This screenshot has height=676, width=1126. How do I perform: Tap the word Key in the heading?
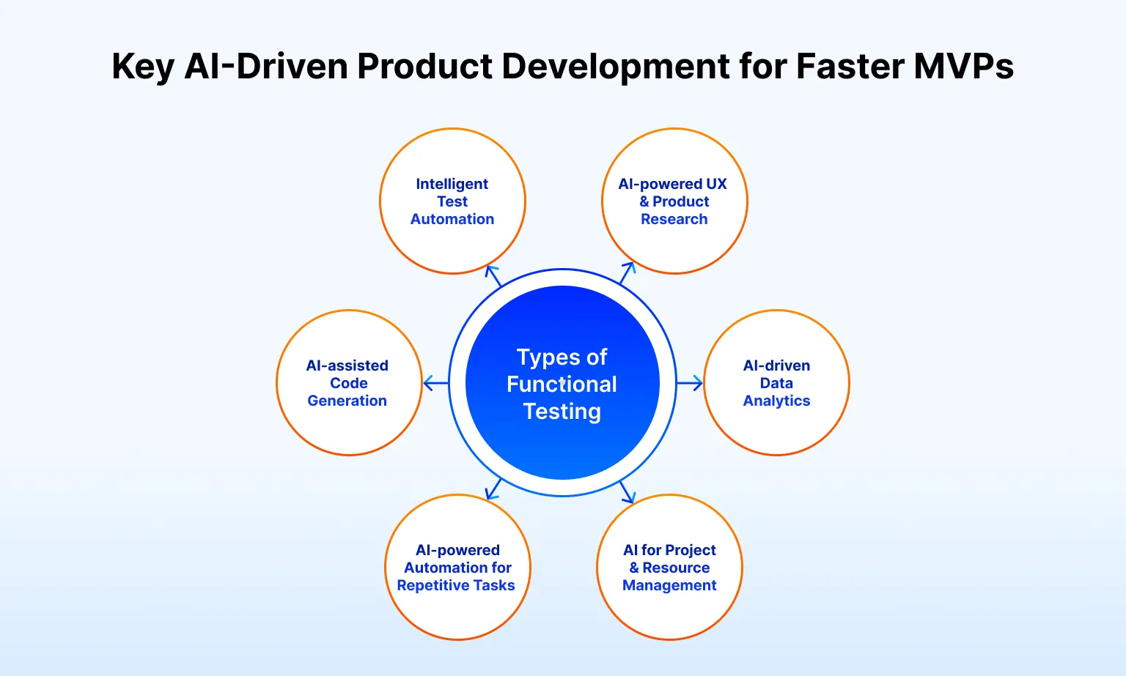142,66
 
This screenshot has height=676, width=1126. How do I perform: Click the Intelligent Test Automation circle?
452,201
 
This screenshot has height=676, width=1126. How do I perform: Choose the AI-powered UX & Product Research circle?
674,201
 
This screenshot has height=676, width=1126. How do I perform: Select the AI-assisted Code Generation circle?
349,382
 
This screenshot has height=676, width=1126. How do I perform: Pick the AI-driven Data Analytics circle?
776,382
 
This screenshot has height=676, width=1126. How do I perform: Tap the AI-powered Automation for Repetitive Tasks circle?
457,567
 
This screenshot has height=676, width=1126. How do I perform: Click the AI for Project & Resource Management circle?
670,567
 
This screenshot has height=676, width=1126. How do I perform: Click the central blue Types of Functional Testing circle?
562,382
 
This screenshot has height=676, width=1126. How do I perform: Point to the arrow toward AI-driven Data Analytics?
690,382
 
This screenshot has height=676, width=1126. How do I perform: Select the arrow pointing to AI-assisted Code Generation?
435,382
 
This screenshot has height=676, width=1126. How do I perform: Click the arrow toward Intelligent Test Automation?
493,275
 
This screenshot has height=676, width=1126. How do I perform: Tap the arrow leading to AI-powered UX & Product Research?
627,272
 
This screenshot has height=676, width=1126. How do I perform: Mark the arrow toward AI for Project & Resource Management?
627,492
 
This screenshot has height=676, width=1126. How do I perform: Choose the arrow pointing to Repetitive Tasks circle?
494,489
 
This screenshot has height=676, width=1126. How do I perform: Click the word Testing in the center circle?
562,412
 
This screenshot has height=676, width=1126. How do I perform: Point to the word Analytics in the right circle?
776,401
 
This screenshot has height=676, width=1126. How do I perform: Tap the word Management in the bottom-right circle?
669,585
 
